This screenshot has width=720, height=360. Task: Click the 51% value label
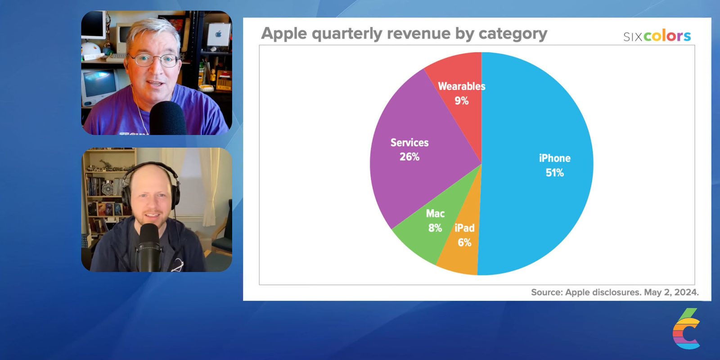554,173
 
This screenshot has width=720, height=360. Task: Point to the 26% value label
409,157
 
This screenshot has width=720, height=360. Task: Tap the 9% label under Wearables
462,101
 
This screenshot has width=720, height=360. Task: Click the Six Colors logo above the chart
657,36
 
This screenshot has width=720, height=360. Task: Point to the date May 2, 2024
671,292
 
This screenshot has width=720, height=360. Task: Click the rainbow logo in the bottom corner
686,329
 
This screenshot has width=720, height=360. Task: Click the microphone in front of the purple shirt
167,118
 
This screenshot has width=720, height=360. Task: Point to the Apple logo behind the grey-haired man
219,34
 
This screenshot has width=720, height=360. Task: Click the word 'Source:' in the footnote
547,292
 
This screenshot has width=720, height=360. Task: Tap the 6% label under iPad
464,243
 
